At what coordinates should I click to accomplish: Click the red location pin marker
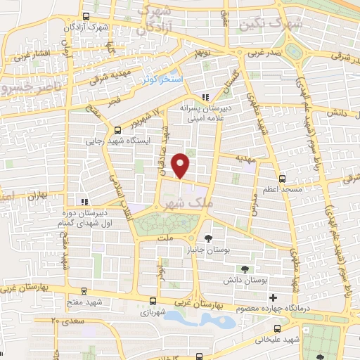click(181, 165)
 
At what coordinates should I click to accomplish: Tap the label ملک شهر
click(185, 202)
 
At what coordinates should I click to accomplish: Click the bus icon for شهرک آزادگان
click(85, 16)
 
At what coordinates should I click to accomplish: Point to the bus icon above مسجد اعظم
click(283, 179)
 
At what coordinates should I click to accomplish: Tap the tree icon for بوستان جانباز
click(207, 239)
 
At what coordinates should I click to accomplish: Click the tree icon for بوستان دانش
click(244, 269)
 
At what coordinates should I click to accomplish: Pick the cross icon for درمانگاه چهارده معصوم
click(292, 298)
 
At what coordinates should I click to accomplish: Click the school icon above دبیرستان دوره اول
click(83, 203)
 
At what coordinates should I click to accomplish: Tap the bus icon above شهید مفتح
click(84, 290)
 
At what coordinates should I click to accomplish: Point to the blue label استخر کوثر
click(162, 80)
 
